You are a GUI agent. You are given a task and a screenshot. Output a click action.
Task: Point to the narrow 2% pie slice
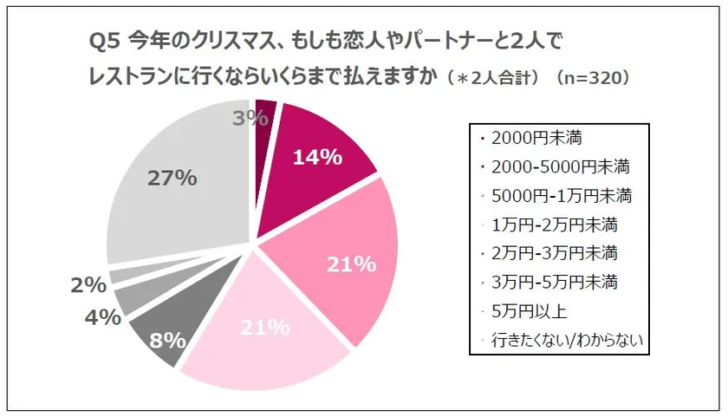(x=121, y=275)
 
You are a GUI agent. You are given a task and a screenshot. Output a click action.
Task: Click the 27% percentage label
(x=172, y=179)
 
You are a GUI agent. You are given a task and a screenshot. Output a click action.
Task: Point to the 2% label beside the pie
(x=90, y=284)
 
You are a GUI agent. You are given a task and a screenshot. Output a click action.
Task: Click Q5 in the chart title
(x=105, y=41)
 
